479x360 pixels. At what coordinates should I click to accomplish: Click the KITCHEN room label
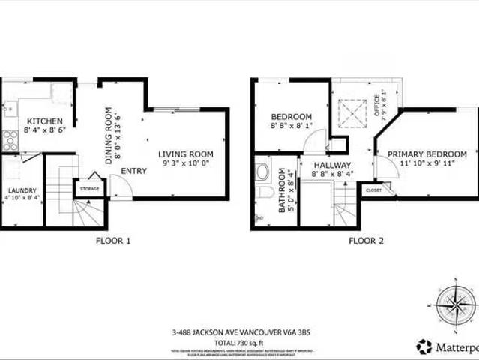40,121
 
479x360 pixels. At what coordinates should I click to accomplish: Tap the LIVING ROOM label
186,154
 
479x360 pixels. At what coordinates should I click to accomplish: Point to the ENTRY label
133,171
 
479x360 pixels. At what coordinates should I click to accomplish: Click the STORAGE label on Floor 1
90,188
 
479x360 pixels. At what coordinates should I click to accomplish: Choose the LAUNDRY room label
22,190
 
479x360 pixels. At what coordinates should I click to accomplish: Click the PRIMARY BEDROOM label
427,154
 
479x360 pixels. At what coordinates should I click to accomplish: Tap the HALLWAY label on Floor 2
332,165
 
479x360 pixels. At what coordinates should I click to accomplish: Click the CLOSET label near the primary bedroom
373,190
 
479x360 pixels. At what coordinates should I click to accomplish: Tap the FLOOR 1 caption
113,241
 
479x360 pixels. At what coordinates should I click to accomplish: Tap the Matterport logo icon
424,346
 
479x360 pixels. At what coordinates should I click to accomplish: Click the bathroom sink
262,172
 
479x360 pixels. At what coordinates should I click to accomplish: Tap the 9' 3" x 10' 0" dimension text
186,163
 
